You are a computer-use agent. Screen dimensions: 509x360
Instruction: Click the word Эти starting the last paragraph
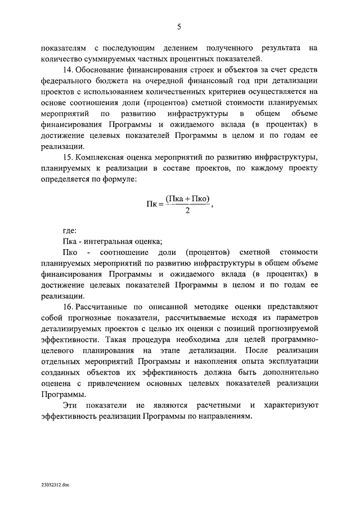pyautogui.click(x=70, y=405)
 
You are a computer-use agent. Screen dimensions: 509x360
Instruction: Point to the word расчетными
pyautogui.click(x=217, y=405)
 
